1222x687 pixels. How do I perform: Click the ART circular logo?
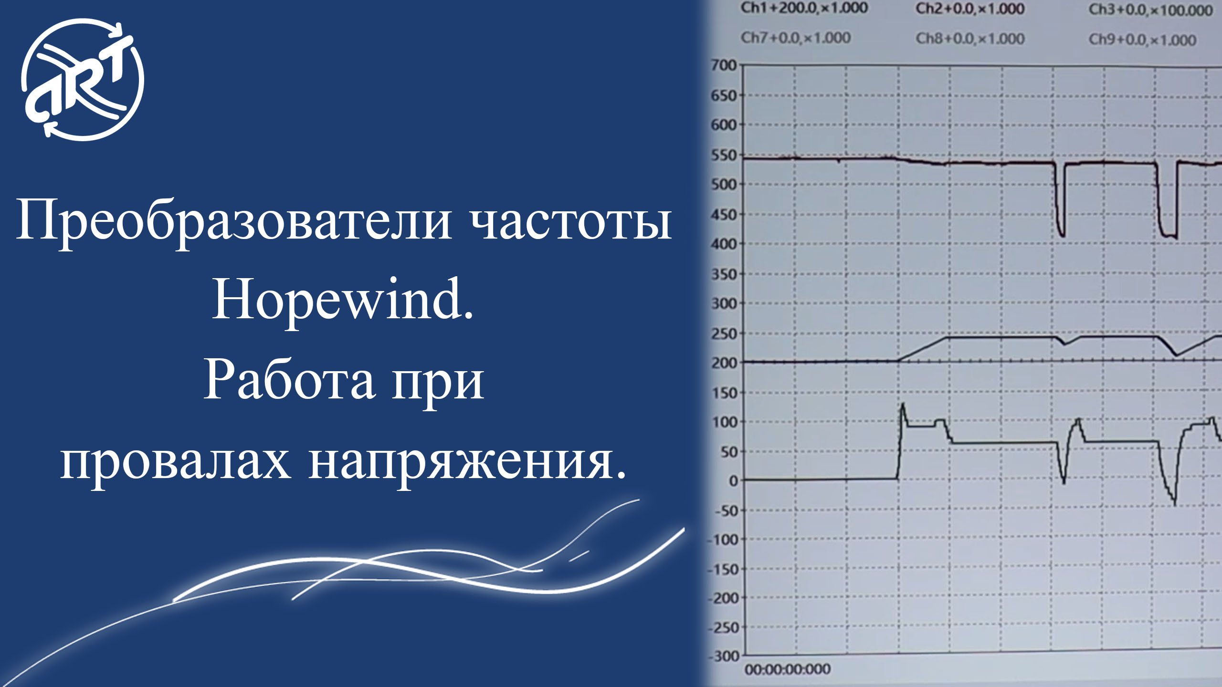click(83, 80)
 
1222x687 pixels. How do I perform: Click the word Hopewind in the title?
click(342, 301)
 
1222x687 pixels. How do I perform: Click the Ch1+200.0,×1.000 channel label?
click(804, 8)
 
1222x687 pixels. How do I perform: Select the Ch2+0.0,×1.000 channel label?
click(969, 9)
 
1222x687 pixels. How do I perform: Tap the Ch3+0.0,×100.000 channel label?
click(1150, 10)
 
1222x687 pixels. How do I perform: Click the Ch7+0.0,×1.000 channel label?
click(795, 38)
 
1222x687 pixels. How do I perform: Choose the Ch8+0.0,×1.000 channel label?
click(969, 39)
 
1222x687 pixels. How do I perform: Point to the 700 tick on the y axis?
click(724, 65)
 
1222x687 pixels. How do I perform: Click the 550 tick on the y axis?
click(724, 156)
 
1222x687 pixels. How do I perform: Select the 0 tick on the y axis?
click(733, 481)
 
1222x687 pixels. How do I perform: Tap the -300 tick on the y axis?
click(726, 656)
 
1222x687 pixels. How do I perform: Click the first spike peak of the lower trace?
click(903, 405)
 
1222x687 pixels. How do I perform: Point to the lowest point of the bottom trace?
click(1174, 504)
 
